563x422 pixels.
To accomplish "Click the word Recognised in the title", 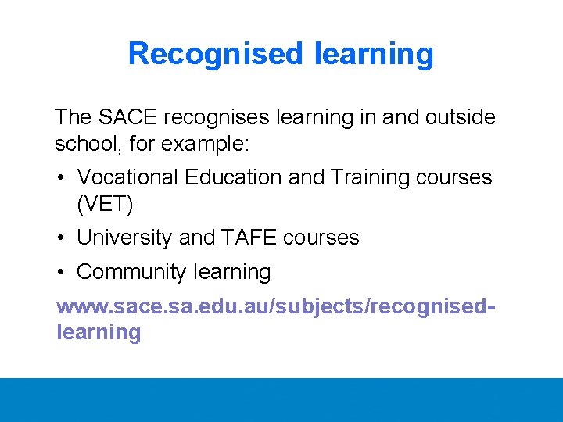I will (215, 54).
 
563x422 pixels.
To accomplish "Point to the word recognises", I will (223, 117).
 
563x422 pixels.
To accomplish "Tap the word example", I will (207, 144).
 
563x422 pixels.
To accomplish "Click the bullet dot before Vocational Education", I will (61, 177).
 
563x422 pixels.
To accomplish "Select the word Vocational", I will (128, 177).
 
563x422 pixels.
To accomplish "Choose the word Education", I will (234, 177).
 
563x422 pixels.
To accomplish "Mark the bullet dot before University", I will (61, 238).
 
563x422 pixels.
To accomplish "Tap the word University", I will (125, 238).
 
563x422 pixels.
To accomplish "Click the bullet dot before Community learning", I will (61, 272).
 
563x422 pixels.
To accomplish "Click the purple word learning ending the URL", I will (99, 332).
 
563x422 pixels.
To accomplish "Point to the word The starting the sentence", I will (74, 117).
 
